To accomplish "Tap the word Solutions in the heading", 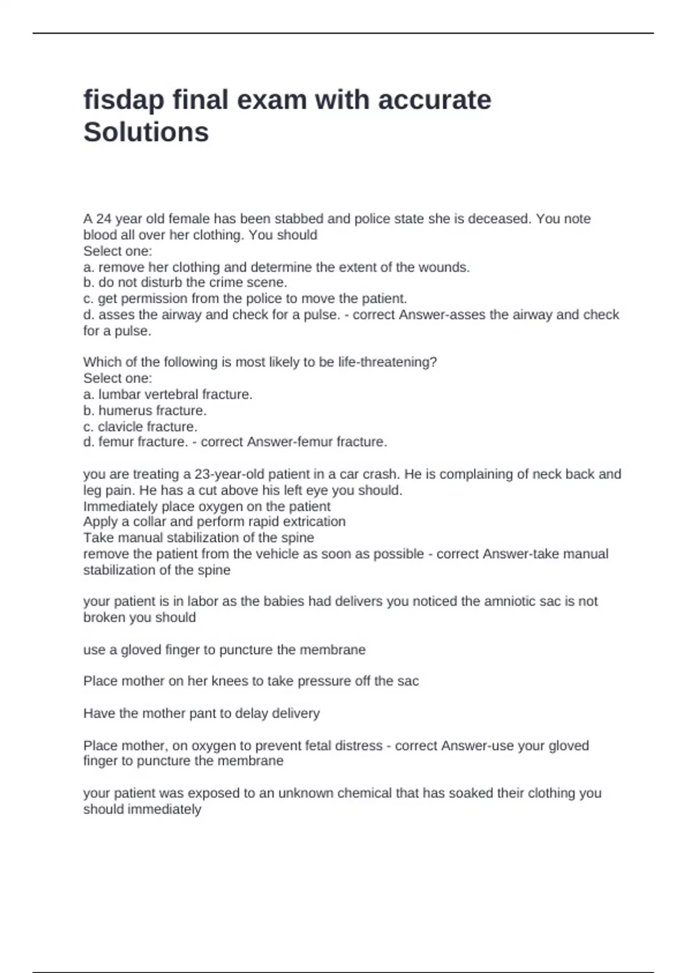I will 146,132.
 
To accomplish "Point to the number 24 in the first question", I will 104,219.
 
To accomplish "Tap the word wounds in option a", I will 449,267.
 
